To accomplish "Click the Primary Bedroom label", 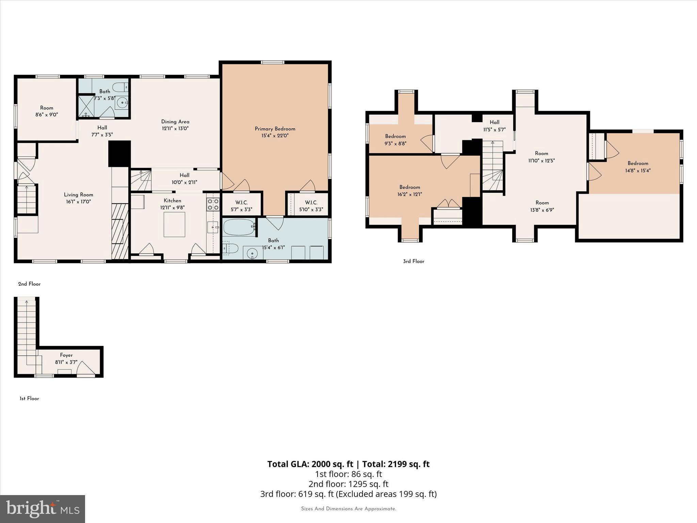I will coord(275,129).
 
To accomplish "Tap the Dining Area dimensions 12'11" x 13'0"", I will coord(175,129).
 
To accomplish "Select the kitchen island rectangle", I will coord(174,224).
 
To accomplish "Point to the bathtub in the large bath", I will coord(239,227).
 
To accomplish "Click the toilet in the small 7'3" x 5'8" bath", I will coord(119,86).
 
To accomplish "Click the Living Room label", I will coord(78,195).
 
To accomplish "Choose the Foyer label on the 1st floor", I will coord(66,355).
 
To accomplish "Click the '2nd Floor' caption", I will coord(29,284).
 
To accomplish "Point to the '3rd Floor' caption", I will coord(414,261).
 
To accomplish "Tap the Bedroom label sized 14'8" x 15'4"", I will coord(638,163).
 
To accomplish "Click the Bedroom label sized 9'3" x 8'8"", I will coord(395,137).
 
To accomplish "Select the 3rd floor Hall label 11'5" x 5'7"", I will coord(495,122).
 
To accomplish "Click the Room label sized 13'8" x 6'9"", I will coord(542,203).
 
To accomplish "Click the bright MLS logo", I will coord(43,509).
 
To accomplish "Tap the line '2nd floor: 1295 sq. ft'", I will coord(348,484).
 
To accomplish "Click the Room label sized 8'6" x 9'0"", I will coord(47,108).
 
